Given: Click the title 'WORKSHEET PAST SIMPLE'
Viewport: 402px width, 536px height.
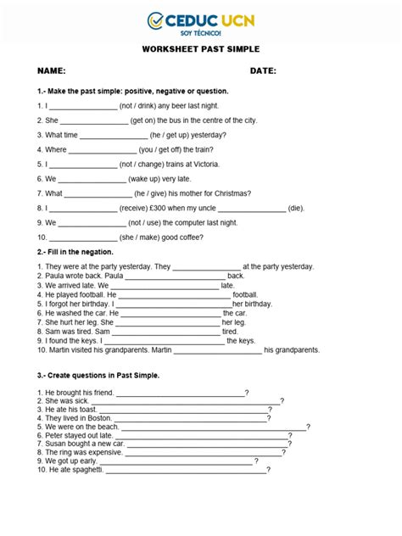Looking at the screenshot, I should (x=200, y=49).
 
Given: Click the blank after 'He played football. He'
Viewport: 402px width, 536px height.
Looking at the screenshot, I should (x=176, y=294).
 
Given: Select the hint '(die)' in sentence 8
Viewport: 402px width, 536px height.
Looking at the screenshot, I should (x=295, y=207).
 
